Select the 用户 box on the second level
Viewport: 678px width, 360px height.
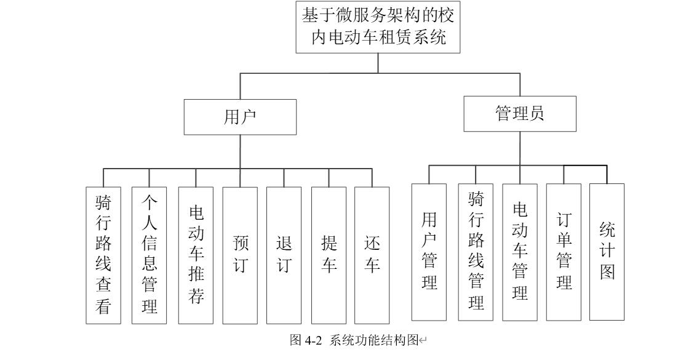240,117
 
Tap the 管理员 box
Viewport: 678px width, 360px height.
520,114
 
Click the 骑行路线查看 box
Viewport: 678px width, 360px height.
103,255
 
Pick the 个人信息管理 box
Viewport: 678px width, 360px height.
149,255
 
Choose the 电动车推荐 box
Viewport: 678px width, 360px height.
196,255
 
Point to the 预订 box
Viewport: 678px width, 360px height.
240,255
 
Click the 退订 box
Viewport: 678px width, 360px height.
284,255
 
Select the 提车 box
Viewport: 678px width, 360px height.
329,255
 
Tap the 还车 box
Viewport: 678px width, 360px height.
372,255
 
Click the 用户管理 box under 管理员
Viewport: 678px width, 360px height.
429,252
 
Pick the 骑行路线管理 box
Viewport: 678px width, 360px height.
476,252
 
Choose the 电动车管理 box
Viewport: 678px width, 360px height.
520,252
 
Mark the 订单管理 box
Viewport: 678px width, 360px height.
564,252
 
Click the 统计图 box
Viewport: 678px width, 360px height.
607,252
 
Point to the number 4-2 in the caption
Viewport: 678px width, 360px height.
314,340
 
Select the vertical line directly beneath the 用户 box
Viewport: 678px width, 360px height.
240,151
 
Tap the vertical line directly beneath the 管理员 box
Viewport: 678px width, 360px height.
520,148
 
